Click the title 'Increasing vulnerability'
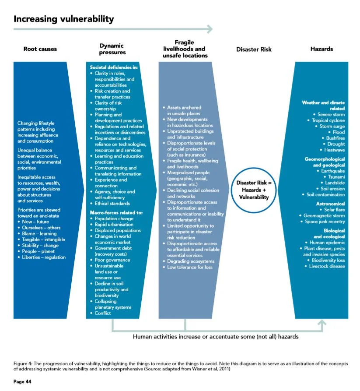coord(64,19)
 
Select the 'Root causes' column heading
coord(40,49)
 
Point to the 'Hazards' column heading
coord(322,49)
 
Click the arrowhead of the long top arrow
coord(210,29)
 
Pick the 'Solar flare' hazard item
coord(334,210)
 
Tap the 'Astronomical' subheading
coord(330,204)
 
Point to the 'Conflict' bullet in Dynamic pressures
coord(103,313)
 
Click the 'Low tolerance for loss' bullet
coord(191,267)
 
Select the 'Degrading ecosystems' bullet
coord(190,261)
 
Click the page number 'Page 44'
coord(22,382)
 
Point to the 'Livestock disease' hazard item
coord(327,266)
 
